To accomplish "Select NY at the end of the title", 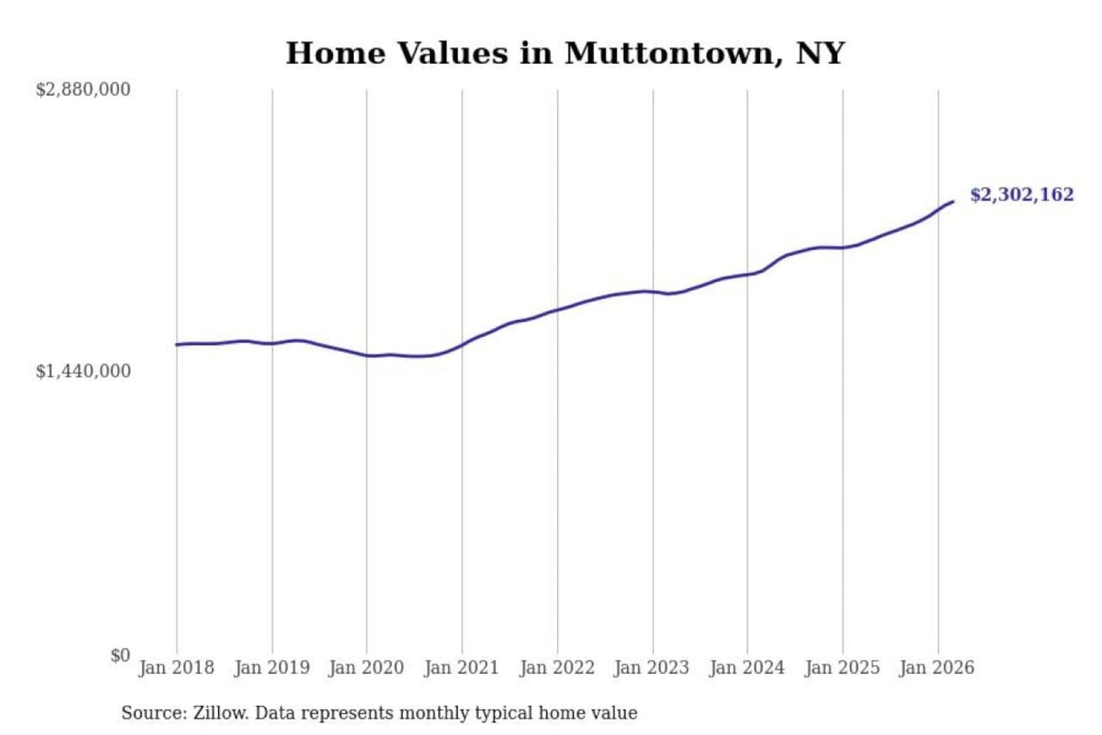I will [820, 54].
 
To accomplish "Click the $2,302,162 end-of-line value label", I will [1022, 194].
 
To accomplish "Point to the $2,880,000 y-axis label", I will [83, 90].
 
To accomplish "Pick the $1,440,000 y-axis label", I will [83, 371].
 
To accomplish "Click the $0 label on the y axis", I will [120, 655].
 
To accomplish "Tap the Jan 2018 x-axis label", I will [176, 668].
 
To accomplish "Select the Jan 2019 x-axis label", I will [272, 668].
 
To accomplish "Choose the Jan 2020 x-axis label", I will [366, 668].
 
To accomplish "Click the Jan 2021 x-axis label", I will [461, 668].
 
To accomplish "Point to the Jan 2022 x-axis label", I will [557, 668].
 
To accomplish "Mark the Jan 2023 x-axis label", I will [652, 668].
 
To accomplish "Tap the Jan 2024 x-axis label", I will [747, 668].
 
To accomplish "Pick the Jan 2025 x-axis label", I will [843, 668].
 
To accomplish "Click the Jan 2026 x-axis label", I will [937, 668].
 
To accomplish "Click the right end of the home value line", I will [953, 201].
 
